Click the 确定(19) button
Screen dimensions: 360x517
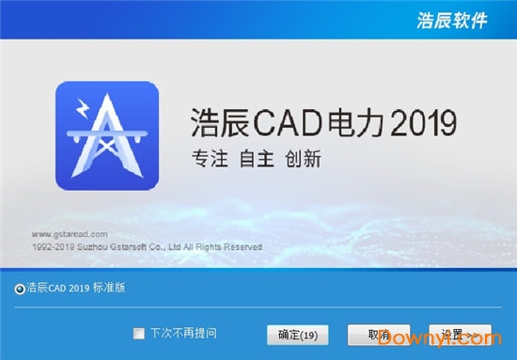(298, 335)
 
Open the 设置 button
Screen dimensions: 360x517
(461, 335)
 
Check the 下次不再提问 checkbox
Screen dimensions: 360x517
(139, 333)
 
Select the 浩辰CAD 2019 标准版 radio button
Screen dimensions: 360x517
(21, 290)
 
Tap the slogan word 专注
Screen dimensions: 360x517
(206, 159)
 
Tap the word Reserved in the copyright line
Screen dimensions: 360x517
(241, 246)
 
